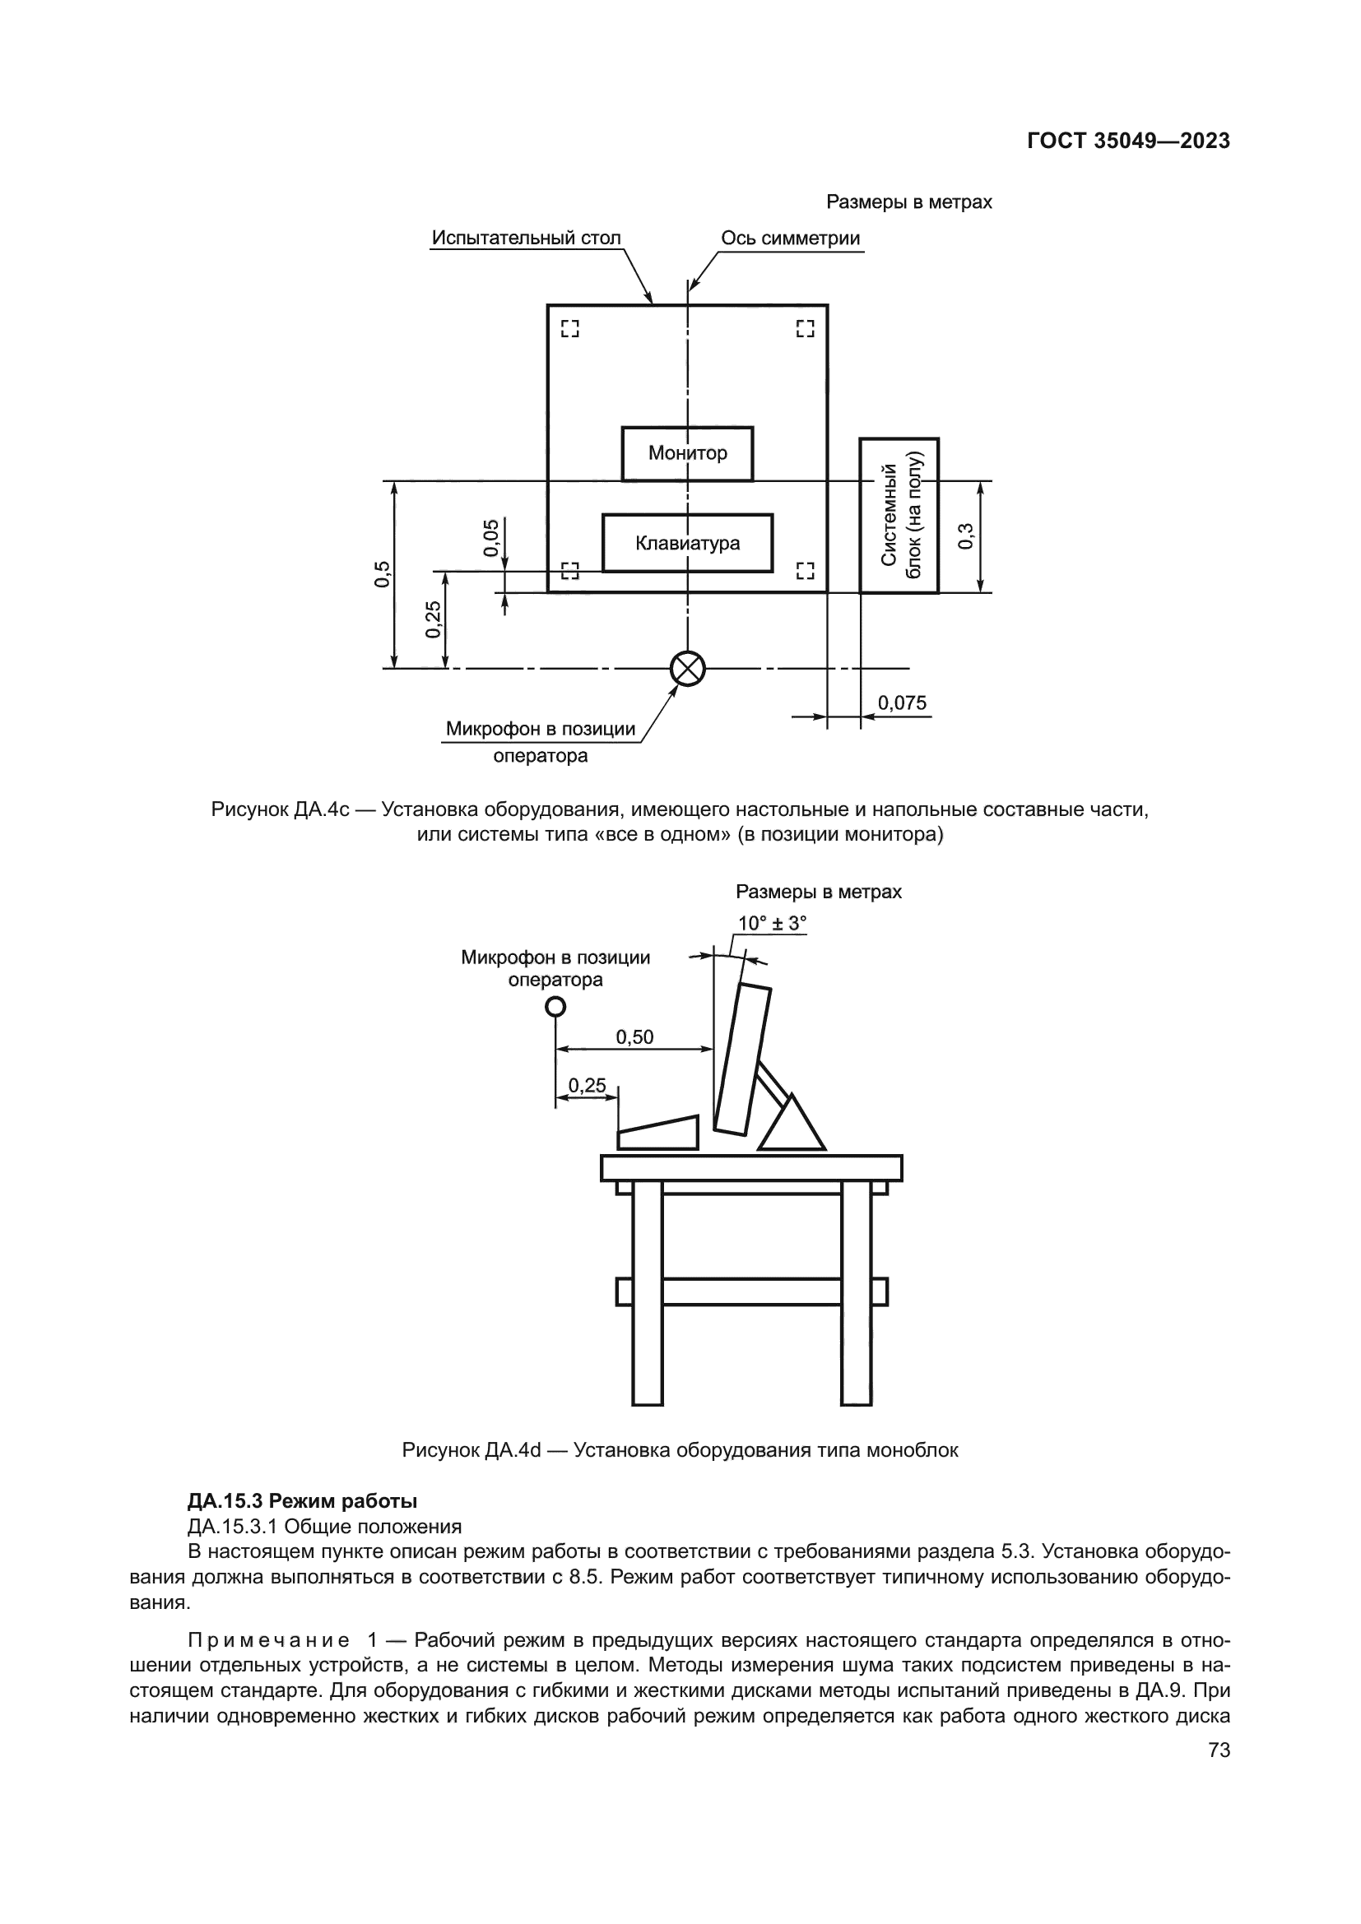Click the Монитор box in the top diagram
pyautogui.click(x=687, y=453)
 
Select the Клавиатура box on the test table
pyautogui.click(x=687, y=543)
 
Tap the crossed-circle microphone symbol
pyautogui.click(x=688, y=669)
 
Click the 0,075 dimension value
pyautogui.click(x=902, y=703)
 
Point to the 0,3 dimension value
pyautogui.click(x=965, y=536)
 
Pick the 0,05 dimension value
pyautogui.click(x=491, y=537)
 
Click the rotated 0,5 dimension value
pyautogui.click(x=382, y=574)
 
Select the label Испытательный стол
pyautogui.click(x=527, y=238)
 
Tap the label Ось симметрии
pyautogui.click(x=790, y=238)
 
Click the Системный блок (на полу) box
pyautogui.click(x=899, y=516)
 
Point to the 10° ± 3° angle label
pyautogui.click(x=771, y=924)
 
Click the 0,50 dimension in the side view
pyautogui.click(x=634, y=1037)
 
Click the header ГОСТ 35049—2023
pyautogui.click(x=1128, y=141)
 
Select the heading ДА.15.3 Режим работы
pyautogui.click(x=303, y=1501)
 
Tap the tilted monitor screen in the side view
pyautogui.click(x=741, y=1060)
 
